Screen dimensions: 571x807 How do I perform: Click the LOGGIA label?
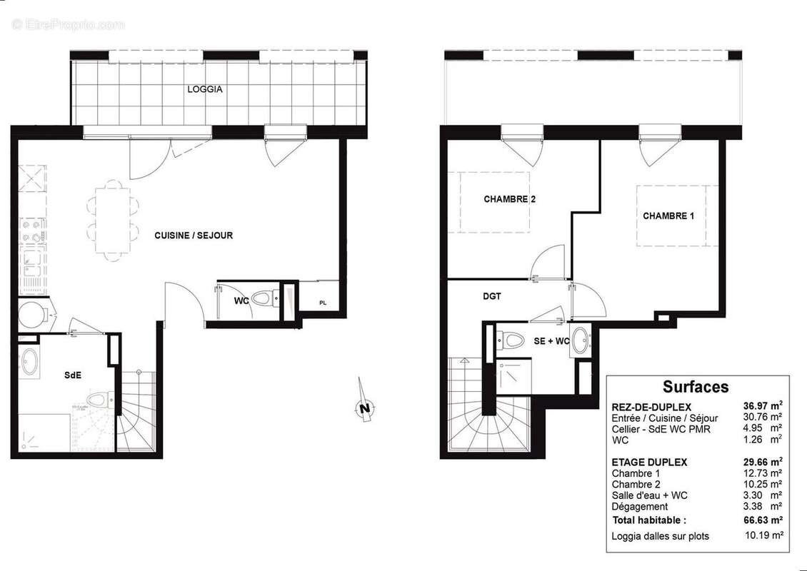tap(205, 90)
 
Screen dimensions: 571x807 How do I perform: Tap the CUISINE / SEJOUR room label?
tap(194, 236)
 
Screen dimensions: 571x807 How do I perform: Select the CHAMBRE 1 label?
tap(668, 216)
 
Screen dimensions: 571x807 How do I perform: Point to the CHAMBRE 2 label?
tap(509, 200)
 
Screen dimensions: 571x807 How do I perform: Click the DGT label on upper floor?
tap(493, 296)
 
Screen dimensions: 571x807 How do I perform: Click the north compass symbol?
tap(364, 407)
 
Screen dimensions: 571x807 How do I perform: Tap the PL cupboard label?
tap(323, 303)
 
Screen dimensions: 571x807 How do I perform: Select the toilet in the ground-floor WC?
tap(265, 298)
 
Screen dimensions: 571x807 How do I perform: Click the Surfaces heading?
tap(696, 387)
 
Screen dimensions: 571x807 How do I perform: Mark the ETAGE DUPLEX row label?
tap(649, 462)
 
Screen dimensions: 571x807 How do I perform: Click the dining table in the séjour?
tap(112, 220)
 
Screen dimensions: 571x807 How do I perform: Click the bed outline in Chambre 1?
tap(677, 216)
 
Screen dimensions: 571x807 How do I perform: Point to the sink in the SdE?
tap(29, 362)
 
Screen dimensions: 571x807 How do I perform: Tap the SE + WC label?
tap(551, 341)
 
